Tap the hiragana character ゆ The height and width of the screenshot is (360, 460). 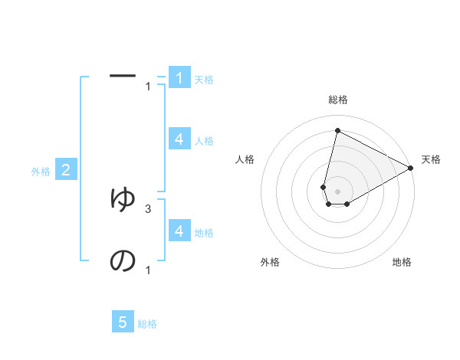click(123, 198)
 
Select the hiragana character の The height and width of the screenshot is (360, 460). click(123, 261)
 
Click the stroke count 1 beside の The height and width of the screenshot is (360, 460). click(147, 270)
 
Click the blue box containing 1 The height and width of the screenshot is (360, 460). click(179, 78)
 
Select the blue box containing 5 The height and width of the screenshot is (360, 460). click(123, 322)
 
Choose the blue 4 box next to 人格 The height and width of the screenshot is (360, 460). click(179, 139)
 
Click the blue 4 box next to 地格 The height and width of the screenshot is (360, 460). click(179, 231)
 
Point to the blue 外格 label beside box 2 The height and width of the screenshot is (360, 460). click(41, 172)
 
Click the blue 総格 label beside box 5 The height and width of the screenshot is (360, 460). click(147, 324)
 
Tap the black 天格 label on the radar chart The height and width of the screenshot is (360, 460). click(431, 159)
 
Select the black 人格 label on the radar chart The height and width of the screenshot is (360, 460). click(245, 159)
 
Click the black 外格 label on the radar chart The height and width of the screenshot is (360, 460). click(270, 262)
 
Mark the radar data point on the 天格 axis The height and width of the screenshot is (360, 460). click(411, 169)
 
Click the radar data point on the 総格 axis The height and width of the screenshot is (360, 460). click(337, 131)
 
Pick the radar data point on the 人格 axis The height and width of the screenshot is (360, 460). click(324, 187)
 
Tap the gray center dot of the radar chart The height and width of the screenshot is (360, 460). click(337, 191)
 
